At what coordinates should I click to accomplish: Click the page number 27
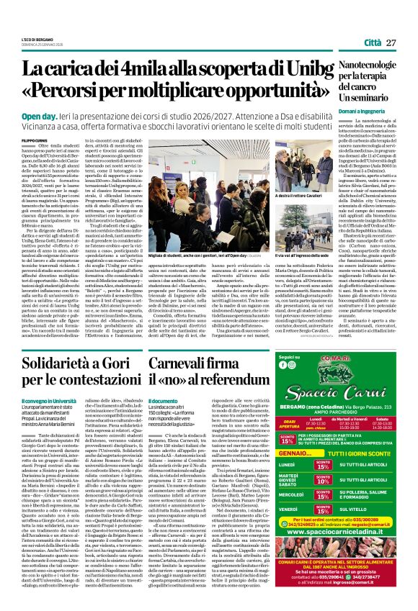(x=391, y=43)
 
